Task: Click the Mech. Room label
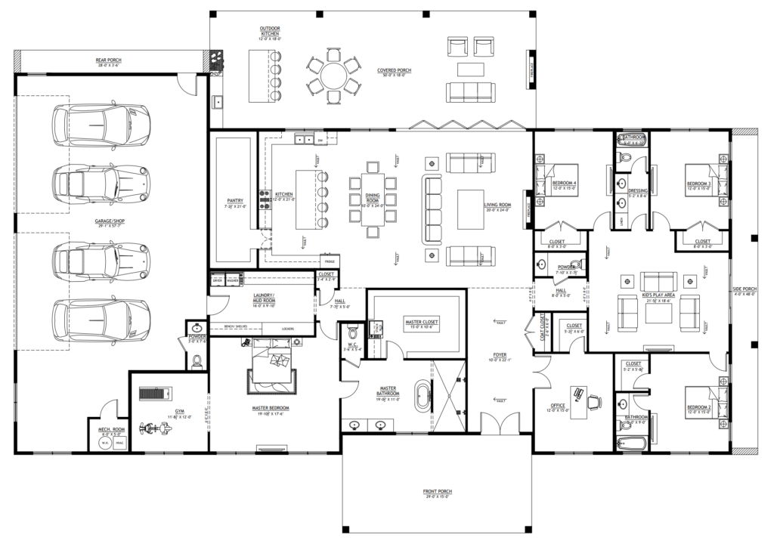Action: (x=110, y=431)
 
